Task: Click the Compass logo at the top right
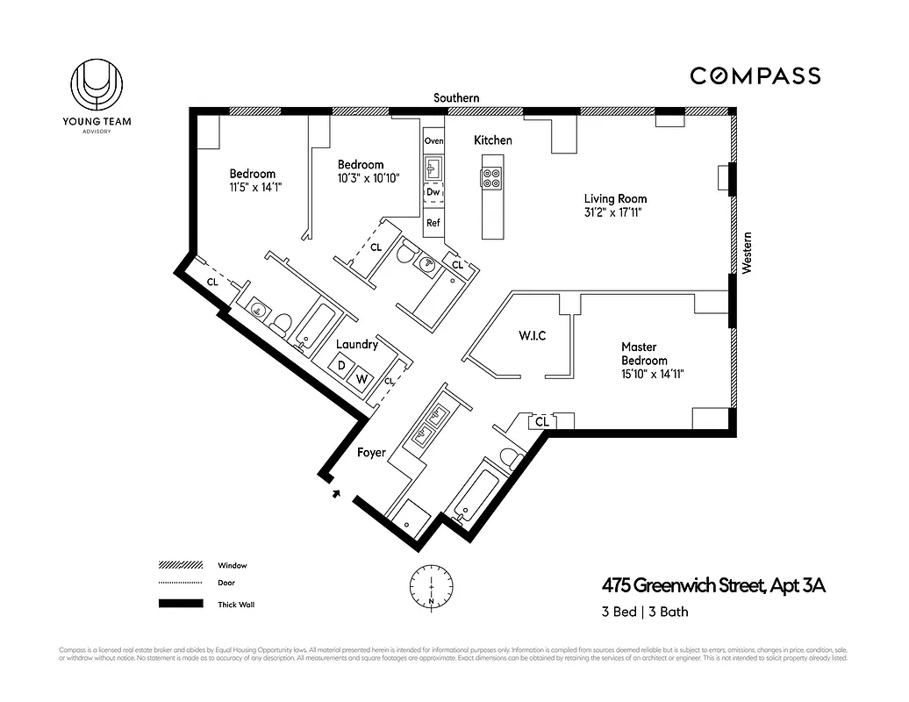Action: click(755, 76)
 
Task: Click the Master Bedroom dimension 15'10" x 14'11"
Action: click(652, 374)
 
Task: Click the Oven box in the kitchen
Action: click(433, 141)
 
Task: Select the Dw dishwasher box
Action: click(433, 191)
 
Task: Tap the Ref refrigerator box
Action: click(433, 223)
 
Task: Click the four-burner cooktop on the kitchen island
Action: click(491, 178)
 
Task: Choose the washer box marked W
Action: click(361, 379)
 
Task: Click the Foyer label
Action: click(372, 454)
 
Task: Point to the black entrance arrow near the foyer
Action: click(336, 494)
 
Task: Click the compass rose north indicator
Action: click(432, 587)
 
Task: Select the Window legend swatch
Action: click(181, 566)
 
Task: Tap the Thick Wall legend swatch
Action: click(181, 605)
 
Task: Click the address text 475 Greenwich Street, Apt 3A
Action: click(713, 586)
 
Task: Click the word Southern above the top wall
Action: click(457, 98)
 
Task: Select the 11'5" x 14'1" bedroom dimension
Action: click(255, 187)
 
